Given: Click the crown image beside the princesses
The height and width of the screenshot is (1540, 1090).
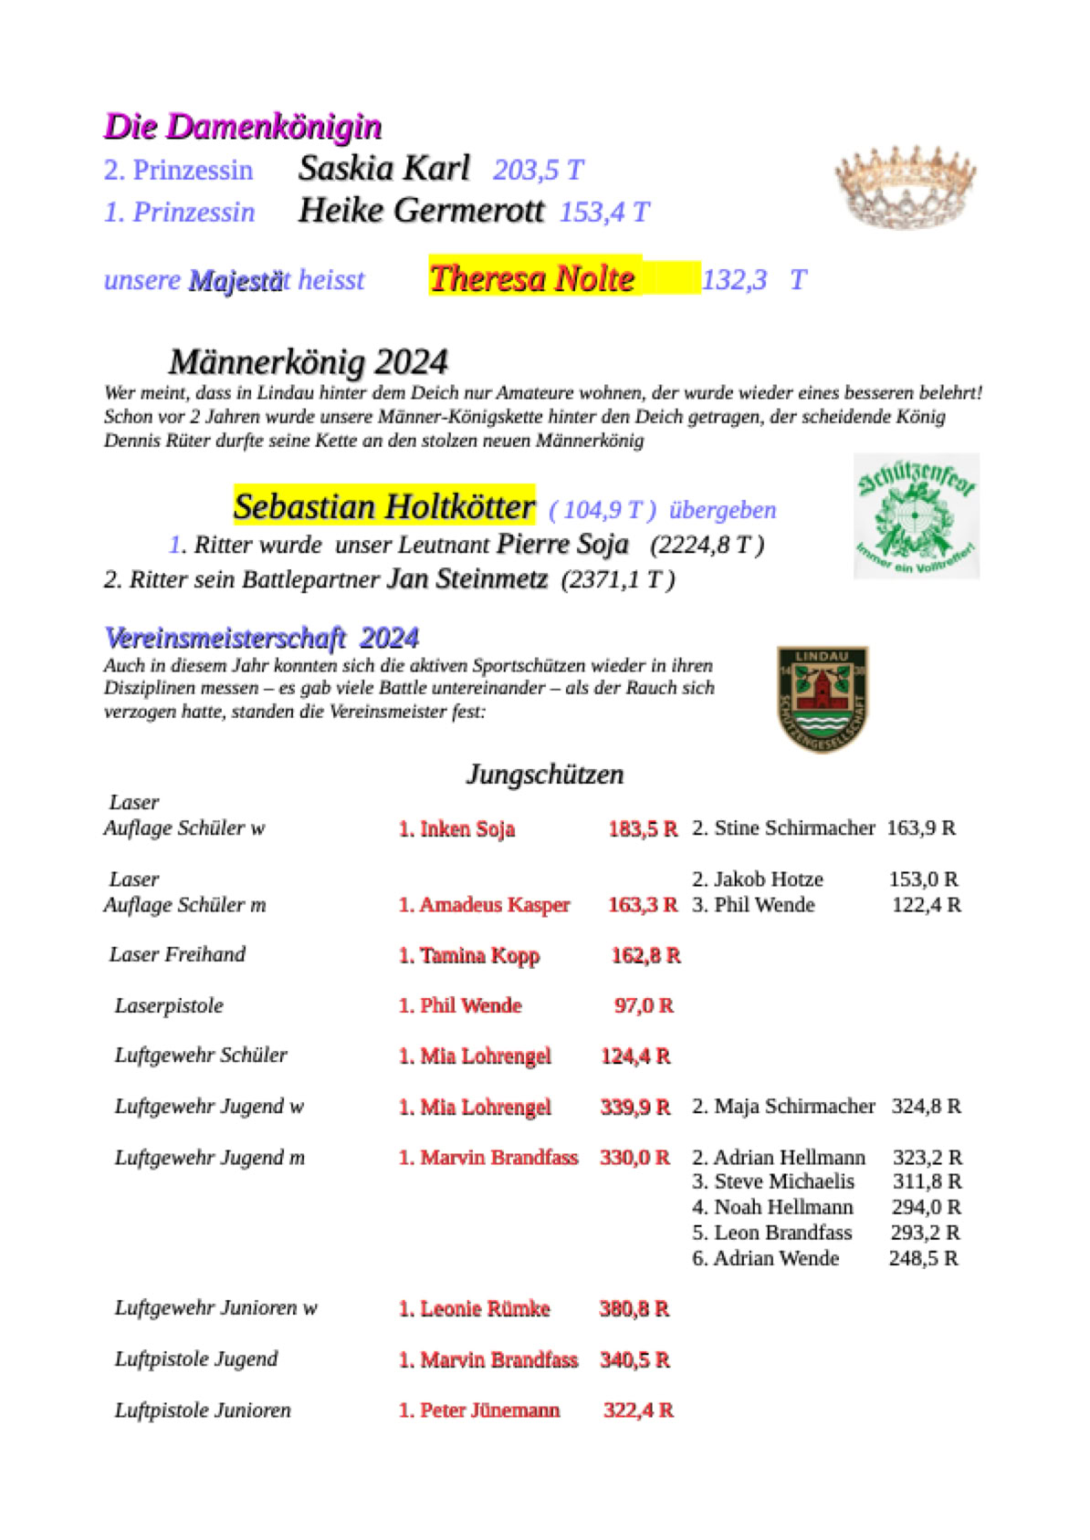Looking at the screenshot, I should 905,186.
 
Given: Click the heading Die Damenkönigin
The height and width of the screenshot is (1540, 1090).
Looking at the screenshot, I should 243,127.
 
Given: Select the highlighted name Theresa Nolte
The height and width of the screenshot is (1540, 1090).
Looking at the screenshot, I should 532,278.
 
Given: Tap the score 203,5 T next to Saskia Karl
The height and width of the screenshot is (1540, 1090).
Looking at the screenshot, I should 538,171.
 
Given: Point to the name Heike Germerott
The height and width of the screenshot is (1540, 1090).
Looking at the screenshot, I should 421,211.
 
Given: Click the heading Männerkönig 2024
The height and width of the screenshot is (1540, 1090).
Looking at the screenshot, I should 309,362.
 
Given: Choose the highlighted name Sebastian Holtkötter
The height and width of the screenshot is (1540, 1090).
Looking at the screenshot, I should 383,506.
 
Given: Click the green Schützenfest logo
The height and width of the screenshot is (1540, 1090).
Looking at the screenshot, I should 916,515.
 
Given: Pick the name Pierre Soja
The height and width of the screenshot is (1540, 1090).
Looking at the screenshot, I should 562,545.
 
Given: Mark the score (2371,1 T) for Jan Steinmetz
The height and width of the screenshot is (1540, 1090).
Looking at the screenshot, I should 618,580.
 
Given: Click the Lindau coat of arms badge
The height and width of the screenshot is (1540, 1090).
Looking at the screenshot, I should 822,699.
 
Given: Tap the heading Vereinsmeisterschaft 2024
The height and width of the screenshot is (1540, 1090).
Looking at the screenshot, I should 262,638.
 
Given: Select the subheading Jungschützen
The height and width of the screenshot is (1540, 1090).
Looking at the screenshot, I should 545,775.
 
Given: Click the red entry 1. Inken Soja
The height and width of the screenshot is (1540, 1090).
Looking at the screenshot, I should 456,829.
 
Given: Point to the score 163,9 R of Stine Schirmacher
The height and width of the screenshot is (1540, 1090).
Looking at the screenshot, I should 921,828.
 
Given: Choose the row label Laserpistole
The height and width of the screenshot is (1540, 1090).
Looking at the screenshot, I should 169,1005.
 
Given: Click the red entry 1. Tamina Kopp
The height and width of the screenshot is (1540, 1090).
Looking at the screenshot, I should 469,955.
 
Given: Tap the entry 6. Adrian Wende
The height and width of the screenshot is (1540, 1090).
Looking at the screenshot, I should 765,1258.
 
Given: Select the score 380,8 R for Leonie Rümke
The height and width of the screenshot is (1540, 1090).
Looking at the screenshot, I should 634,1308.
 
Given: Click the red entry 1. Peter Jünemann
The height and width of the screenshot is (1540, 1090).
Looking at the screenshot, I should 479,1410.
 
